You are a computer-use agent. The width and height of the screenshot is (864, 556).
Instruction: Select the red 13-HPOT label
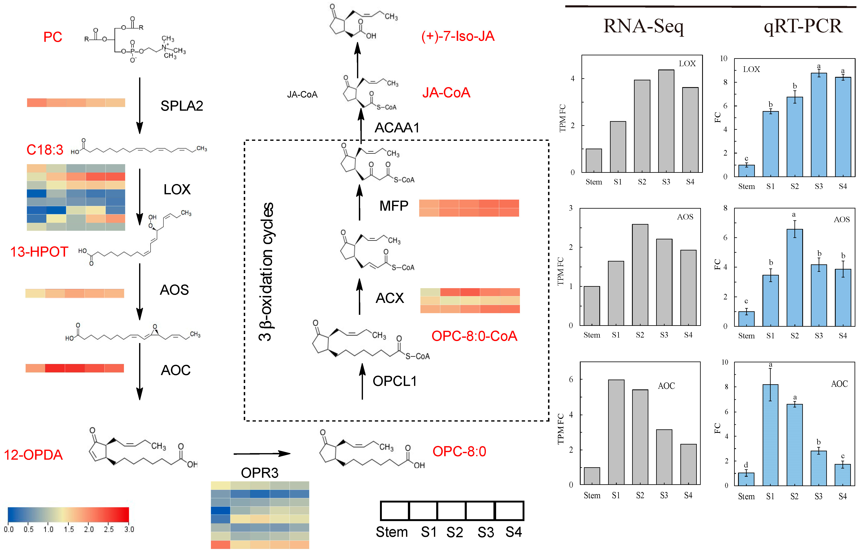[x=39, y=252]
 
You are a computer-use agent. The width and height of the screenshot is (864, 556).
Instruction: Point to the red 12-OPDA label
[x=33, y=455]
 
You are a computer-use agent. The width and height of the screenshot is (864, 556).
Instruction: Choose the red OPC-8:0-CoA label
[x=474, y=336]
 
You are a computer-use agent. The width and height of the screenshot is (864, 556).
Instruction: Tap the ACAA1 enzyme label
[x=397, y=127]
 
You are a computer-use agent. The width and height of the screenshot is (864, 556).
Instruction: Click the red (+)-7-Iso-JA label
[x=458, y=36]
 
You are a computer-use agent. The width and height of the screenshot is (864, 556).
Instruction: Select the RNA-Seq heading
[x=643, y=26]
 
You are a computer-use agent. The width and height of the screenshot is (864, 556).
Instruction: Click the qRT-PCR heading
[x=803, y=26]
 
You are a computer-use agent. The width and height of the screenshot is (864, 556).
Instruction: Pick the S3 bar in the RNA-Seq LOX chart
[x=666, y=121]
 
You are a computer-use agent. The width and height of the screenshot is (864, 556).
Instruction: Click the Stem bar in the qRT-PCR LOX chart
[x=746, y=171]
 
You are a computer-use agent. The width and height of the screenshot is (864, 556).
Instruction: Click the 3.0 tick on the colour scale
[x=129, y=529]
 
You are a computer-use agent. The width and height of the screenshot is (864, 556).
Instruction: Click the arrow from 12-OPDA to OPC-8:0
[x=262, y=454]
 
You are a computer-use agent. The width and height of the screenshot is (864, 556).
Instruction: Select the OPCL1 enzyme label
[x=395, y=381]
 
